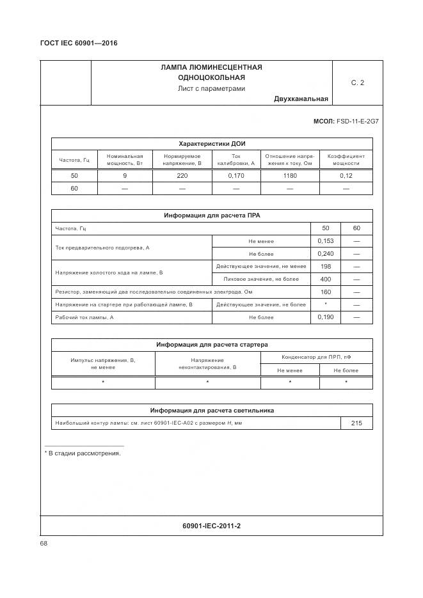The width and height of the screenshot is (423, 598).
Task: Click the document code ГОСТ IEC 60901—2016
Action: (79, 43)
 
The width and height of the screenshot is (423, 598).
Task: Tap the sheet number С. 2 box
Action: (357, 83)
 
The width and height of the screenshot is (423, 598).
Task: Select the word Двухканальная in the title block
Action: (301, 98)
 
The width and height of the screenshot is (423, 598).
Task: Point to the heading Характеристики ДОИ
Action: (211, 144)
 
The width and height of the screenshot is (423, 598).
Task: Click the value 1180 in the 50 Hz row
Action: (289, 175)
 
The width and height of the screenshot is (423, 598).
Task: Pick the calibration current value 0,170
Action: (235, 175)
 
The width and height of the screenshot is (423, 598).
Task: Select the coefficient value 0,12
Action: (346, 175)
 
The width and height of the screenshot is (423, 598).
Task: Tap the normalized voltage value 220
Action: (182, 175)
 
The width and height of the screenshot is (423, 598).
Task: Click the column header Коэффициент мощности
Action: (346, 159)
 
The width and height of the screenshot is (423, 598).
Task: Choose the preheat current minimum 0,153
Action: (326, 241)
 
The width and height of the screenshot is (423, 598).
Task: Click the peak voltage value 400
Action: (326, 279)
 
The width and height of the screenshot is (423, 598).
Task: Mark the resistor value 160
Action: (326, 292)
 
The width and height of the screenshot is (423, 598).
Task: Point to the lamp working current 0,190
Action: (326, 317)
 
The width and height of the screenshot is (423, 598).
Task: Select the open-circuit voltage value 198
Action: (326, 266)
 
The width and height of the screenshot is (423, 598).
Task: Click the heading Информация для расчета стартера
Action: (211, 345)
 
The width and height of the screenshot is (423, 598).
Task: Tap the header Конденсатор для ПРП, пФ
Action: (316, 357)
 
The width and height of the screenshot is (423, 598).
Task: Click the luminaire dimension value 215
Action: (356, 423)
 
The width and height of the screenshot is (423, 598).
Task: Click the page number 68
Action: (44, 543)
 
